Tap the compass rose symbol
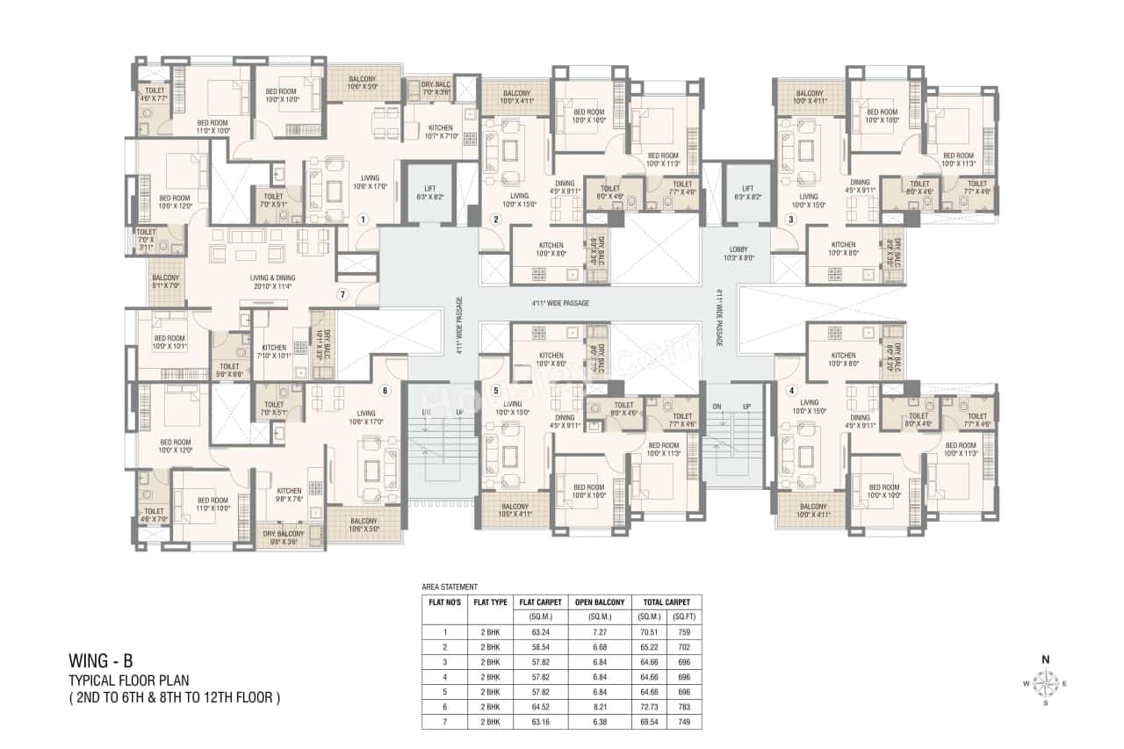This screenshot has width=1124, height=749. (1045, 681)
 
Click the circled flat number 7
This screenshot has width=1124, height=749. (343, 294)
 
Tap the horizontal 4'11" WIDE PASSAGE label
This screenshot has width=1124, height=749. (559, 303)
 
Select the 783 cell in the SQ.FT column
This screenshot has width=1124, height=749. (684, 707)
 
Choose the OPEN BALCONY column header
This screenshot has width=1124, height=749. (600, 602)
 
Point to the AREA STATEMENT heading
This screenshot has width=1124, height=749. (450, 587)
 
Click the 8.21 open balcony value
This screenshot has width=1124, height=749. (600, 707)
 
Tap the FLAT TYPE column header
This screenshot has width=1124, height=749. (490, 602)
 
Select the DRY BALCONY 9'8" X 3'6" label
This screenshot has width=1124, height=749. (283, 537)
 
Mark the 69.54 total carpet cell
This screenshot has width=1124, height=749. (650, 722)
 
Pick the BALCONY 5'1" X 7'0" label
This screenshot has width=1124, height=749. (165, 282)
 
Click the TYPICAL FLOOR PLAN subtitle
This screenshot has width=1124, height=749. (129, 681)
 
